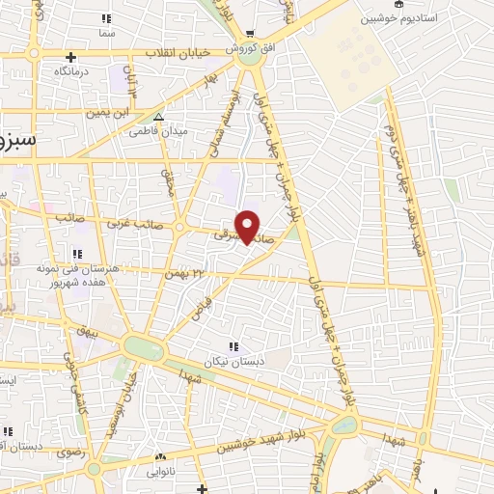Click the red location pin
249,226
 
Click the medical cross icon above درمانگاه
71,56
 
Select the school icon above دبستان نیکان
233,346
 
